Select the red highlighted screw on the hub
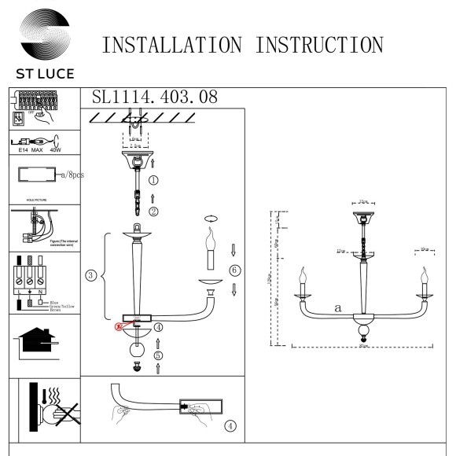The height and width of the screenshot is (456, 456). [x=121, y=324]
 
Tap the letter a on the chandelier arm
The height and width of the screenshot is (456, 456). [x=336, y=309]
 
